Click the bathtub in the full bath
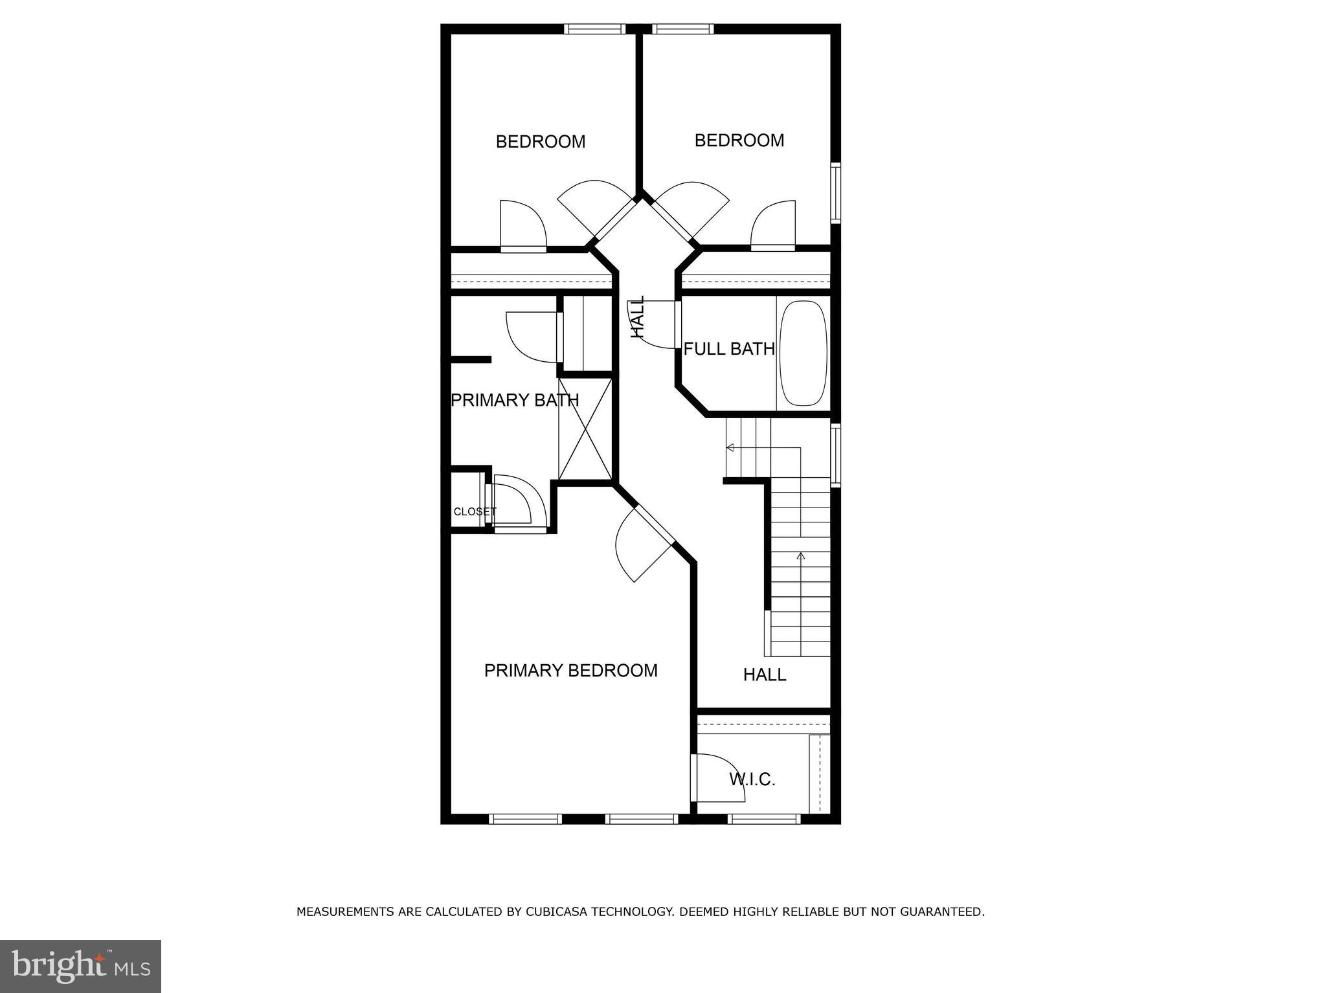803,353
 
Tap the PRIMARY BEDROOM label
570,671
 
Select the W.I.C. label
752,779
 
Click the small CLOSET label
475,511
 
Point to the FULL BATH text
729,349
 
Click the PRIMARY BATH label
515,400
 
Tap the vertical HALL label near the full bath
638,317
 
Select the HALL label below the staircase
764,675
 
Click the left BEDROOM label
540,142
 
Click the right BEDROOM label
739,140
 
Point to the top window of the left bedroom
594,28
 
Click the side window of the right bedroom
835,192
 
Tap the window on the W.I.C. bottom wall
764,819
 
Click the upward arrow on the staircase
801,555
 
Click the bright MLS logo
80,966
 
